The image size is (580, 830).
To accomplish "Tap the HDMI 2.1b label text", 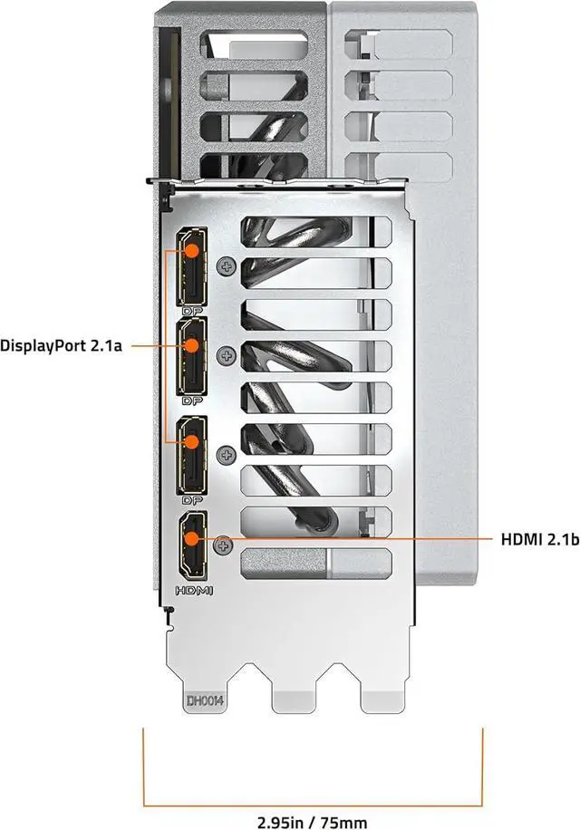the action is point(539,539).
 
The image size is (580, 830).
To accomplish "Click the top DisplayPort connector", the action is point(191,268).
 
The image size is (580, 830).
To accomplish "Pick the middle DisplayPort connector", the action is point(191,356).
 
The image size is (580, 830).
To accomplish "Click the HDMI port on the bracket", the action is point(192,545).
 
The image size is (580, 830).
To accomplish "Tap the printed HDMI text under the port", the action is point(192,591).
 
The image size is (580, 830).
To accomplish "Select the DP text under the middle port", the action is point(191,399).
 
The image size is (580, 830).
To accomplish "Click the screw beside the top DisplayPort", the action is point(227,267).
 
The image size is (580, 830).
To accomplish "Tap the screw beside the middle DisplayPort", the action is point(227,354).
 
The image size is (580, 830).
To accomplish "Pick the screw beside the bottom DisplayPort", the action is point(227,453).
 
